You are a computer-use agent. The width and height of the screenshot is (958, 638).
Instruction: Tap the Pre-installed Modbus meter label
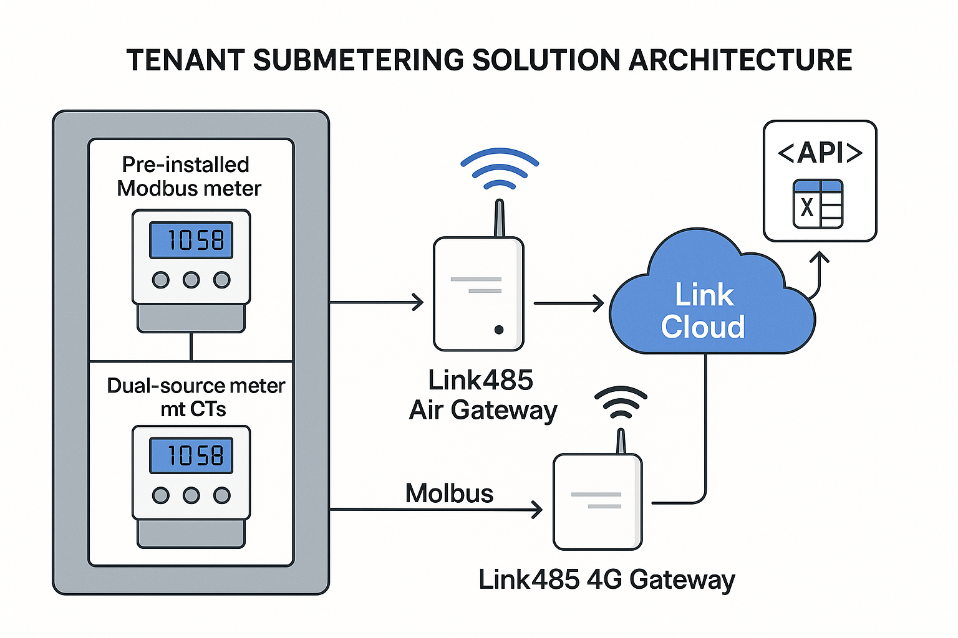[x=188, y=176]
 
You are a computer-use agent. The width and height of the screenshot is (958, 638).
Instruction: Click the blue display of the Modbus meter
[x=191, y=240]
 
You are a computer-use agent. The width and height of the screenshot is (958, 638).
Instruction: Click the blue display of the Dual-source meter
[x=191, y=455]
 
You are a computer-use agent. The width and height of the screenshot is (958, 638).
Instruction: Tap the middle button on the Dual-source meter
[x=191, y=495]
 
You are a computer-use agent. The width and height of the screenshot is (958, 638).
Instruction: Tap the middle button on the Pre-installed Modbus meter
[x=191, y=280]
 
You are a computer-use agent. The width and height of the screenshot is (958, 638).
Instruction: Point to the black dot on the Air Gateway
[x=499, y=330]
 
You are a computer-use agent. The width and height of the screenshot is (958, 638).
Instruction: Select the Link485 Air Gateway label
[x=482, y=395]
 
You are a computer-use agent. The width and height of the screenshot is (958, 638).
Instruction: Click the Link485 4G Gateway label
[x=606, y=579]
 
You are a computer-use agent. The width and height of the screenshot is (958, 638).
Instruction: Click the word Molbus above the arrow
[x=449, y=493]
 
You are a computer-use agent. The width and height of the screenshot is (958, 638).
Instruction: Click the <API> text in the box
[x=820, y=153]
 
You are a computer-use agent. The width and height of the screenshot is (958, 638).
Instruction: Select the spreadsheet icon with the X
[x=818, y=204]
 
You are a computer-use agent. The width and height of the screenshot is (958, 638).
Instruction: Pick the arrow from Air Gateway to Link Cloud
[x=568, y=303]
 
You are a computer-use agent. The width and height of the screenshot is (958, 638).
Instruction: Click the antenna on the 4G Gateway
[x=621, y=441]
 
